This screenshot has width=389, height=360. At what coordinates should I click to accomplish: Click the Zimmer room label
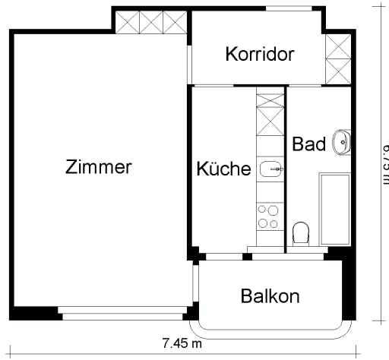[99, 167]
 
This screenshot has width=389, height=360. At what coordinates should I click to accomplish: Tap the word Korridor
[260, 55]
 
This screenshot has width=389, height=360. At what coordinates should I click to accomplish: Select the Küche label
[223, 169]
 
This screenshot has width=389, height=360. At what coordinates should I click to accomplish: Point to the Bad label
[308, 144]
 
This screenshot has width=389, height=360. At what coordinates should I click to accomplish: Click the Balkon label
[270, 296]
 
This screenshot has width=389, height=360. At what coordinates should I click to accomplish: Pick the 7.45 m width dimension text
[182, 343]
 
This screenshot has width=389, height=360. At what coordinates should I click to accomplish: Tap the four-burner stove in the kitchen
[268, 216]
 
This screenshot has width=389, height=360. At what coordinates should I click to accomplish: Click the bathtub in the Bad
[334, 209]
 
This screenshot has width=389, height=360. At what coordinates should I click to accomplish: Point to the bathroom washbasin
[343, 141]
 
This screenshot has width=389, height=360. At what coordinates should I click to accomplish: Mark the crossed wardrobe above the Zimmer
[151, 21]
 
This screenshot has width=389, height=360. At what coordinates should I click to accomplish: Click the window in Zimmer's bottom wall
[124, 311]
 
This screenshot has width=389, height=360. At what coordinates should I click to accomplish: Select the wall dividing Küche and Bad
[285, 167]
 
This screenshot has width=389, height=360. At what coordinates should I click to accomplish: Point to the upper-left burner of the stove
[262, 209]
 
